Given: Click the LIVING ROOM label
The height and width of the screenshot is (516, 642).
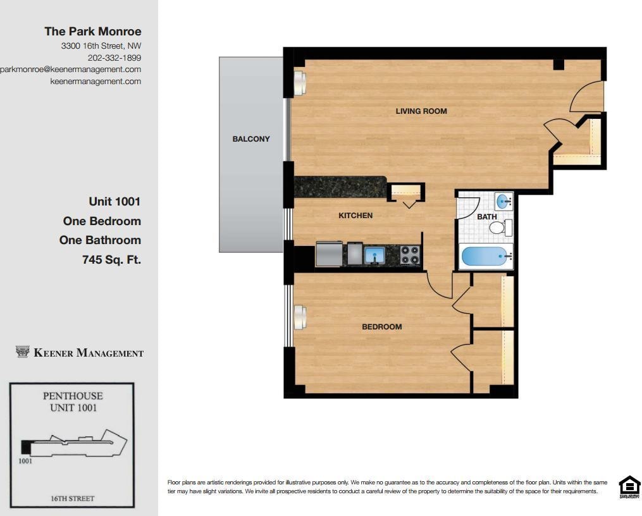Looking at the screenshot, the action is coord(421,111).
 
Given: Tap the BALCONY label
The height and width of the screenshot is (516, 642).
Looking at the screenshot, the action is coord(251,139).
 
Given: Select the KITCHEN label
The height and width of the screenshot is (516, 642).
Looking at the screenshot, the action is coord(355,216).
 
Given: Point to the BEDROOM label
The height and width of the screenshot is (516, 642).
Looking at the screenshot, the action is coord(381,327).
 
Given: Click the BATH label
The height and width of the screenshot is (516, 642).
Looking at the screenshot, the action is coord(487,216).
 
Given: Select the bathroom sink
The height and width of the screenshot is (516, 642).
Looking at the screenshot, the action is coord(503,201).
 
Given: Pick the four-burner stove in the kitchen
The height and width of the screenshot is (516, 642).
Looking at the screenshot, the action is coord(410,255).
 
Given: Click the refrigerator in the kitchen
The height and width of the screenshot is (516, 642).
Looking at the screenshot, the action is coord(329,254).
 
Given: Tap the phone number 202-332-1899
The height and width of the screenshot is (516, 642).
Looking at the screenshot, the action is coord(114,58).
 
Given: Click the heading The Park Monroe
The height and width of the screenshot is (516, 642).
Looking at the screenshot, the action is coord(93,32).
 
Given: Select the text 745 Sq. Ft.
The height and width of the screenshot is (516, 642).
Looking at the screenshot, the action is coord(111,259).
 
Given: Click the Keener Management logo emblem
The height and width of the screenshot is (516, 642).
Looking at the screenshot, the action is coord(22,352).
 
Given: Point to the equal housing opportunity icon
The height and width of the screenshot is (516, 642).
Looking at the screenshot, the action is coord(629,487).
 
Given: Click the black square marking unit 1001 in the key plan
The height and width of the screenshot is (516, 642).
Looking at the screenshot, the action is coord(25,447).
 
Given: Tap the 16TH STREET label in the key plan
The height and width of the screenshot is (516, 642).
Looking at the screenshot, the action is coord(73,498).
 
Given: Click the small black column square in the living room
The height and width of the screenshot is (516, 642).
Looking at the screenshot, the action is coord(559,64).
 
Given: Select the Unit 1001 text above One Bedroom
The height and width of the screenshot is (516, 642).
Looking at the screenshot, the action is coord(114,201).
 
